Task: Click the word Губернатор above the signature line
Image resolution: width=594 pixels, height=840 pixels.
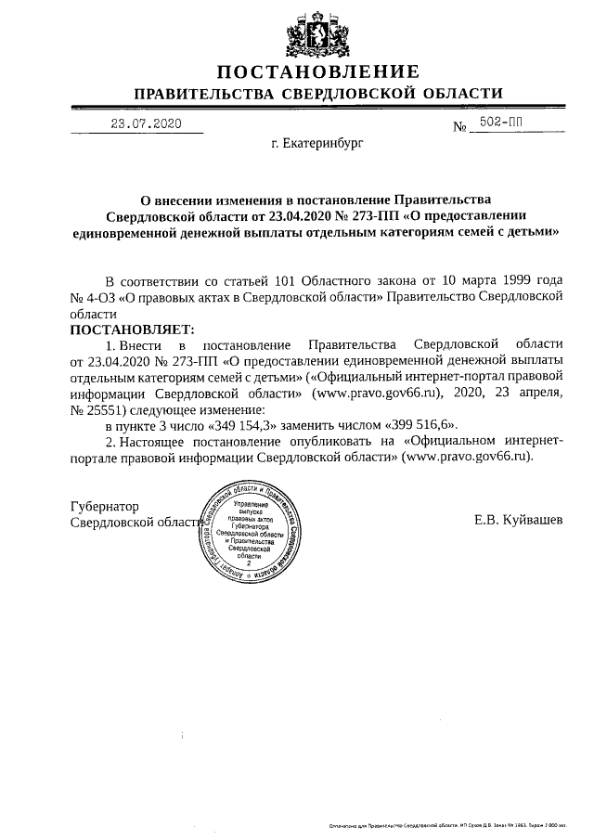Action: (x=105, y=507)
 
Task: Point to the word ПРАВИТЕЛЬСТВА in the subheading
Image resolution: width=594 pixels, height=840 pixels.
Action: (x=205, y=94)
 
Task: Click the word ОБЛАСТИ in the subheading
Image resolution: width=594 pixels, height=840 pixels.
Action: (x=461, y=94)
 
